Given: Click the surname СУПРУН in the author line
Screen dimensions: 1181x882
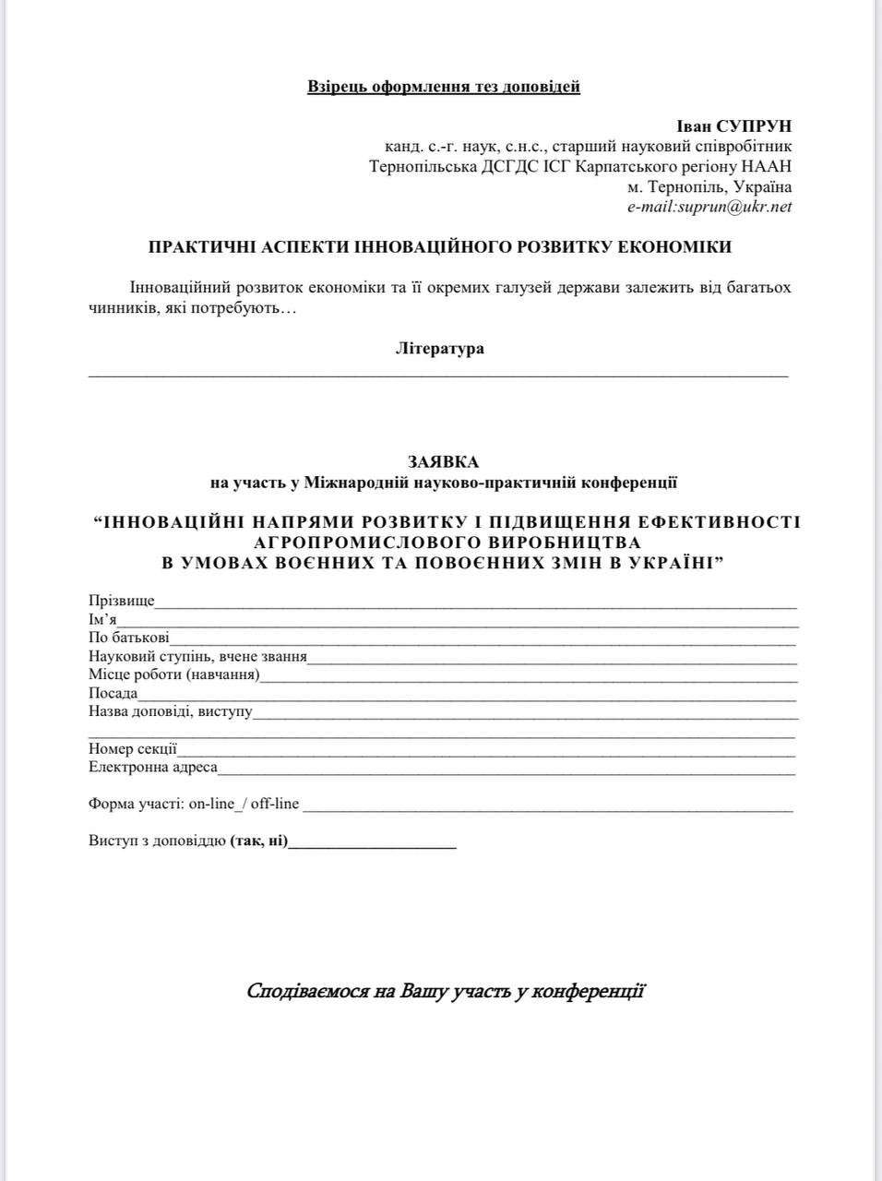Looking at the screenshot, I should (x=753, y=126).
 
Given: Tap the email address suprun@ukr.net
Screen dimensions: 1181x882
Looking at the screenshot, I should (x=734, y=207).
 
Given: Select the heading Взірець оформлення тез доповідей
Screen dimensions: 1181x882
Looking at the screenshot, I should (x=443, y=87).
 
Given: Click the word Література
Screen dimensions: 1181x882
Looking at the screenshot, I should (x=439, y=349).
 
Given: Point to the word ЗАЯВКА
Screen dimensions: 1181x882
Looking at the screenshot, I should (x=444, y=461).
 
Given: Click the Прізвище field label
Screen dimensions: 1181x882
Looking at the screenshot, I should (x=122, y=602).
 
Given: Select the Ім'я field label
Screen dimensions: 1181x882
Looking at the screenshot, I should (x=102, y=620).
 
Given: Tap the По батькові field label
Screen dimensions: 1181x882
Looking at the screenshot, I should (x=129, y=638).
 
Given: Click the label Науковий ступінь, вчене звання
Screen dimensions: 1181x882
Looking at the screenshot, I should (x=197, y=657).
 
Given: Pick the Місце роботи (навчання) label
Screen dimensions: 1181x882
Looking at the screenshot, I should (x=174, y=674).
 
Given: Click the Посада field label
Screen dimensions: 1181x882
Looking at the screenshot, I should (x=113, y=693).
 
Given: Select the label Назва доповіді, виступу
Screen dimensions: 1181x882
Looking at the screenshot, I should (x=171, y=711).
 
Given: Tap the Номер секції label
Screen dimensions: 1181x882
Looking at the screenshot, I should (x=133, y=749).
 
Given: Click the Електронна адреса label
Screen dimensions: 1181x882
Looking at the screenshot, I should (x=153, y=767).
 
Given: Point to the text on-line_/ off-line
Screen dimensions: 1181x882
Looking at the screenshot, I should (x=244, y=804).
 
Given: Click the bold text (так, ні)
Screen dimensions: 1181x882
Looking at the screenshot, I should (x=259, y=841).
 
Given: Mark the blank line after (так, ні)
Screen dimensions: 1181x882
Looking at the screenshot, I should (x=373, y=844).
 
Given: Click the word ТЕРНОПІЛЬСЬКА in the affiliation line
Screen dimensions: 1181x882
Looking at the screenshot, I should (x=423, y=167).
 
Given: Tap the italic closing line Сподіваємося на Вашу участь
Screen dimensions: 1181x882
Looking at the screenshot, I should (x=446, y=992).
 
